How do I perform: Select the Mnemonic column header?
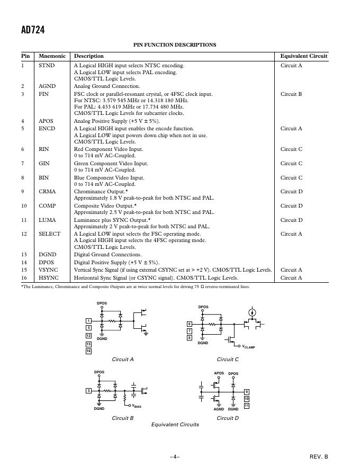point(52,56)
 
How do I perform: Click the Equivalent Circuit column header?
point(304,56)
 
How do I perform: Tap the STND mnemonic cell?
point(47,66)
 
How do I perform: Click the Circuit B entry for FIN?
point(291,94)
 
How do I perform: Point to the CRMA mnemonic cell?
point(47,192)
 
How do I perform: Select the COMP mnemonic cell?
point(47,206)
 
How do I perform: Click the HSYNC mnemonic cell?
point(49,278)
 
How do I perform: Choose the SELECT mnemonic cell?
point(50,234)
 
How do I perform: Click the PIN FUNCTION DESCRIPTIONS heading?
point(175,45)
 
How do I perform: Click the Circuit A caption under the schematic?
point(123,360)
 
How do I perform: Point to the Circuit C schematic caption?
point(228,360)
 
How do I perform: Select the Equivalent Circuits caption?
point(175,425)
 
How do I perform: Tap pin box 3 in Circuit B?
point(88,391)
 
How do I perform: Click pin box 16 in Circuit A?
point(88,351)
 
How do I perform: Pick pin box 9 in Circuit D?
point(246,392)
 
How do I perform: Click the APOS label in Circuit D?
point(219,373)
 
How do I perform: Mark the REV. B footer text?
point(319,456)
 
